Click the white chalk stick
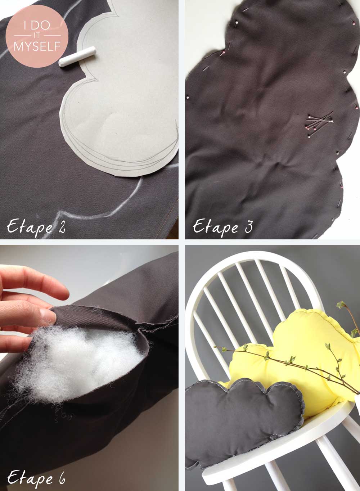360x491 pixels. pyautogui.click(x=77, y=57)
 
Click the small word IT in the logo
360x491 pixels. pyautogui.click(x=37, y=36)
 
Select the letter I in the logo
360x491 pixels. pyautogui.click(x=25, y=26)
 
